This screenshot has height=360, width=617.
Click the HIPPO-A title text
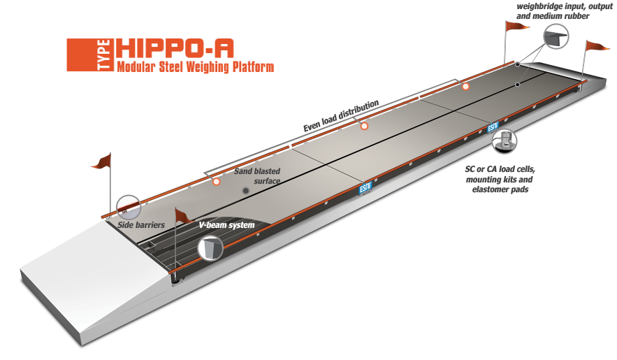pos(175,49)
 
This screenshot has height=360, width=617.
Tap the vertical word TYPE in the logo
pos(103,55)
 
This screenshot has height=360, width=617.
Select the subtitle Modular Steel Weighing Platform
pos(195,66)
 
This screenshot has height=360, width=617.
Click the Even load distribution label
pos(341,115)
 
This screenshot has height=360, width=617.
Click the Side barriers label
pos(141,225)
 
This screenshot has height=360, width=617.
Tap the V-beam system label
pos(226,225)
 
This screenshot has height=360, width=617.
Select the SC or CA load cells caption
pos(500,179)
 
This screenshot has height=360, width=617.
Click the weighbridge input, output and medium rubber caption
pos(565,11)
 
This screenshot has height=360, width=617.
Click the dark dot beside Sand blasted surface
pos(246,191)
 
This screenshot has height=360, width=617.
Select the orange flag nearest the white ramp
pos(102,161)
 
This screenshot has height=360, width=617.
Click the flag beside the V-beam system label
pos(182,215)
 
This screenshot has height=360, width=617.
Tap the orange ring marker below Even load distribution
pos(364,127)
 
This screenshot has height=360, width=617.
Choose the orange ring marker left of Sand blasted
pos(216,182)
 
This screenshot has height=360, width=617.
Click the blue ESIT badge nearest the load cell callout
pos(493,127)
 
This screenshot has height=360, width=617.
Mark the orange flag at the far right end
pos(597,46)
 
